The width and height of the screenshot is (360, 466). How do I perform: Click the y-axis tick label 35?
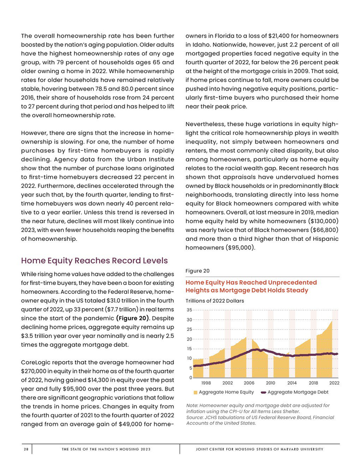189,310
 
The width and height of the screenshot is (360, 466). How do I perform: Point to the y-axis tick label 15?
189,349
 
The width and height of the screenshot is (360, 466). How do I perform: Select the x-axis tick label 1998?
206,383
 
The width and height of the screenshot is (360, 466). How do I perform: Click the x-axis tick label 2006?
249,383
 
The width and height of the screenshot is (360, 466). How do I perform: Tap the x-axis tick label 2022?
334,383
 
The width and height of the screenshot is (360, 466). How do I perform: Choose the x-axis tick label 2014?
292,383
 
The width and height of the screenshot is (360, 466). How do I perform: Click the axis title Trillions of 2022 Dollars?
214,301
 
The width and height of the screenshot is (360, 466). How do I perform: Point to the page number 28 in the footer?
25,450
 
